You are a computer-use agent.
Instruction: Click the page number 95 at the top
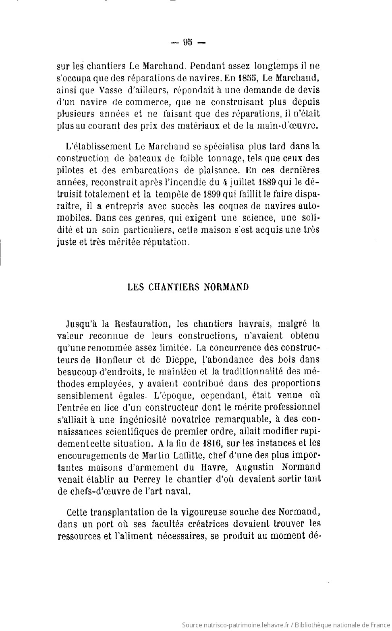(188, 42)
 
